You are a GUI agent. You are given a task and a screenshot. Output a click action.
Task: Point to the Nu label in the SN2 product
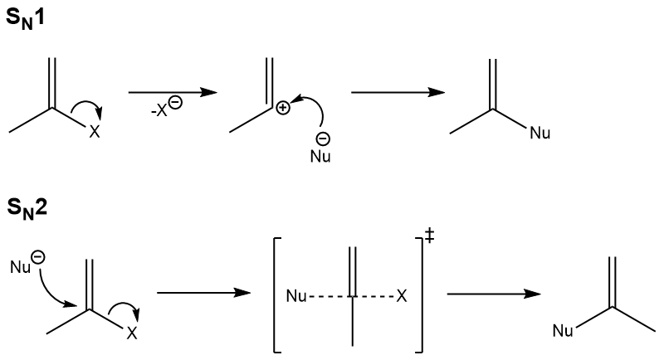click(563, 332)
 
